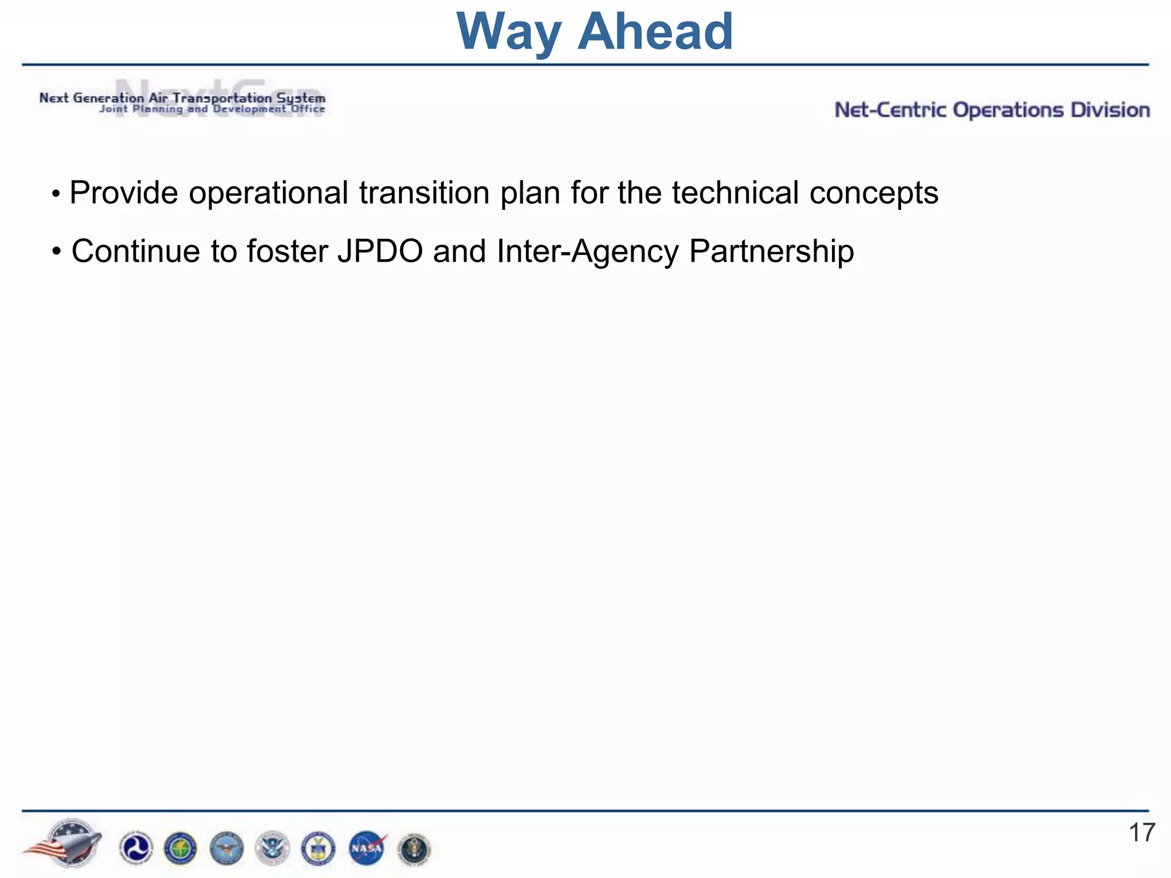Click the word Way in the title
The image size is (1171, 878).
(x=508, y=32)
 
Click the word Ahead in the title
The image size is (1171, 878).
(x=655, y=32)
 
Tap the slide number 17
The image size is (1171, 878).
(x=1142, y=833)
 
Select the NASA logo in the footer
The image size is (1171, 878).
(x=367, y=848)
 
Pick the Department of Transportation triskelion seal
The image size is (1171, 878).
(x=136, y=848)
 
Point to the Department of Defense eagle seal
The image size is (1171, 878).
(x=226, y=848)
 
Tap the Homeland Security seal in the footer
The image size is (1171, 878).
(x=272, y=848)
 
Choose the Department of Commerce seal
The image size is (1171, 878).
(x=318, y=848)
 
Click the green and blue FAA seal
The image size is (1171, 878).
(x=181, y=848)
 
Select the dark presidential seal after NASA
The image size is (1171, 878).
(x=413, y=849)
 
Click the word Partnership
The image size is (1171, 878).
(x=771, y=252)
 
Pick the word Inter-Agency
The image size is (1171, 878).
(x=588, y=252)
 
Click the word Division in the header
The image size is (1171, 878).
(x=1110, y=110)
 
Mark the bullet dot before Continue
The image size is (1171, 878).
(x=56, y=252)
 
